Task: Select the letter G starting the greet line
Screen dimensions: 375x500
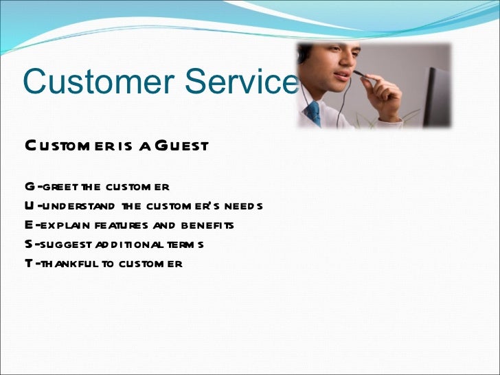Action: click(29, 187)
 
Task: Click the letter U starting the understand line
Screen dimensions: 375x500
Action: click(29, 206)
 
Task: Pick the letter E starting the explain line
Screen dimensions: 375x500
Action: click(28, 225)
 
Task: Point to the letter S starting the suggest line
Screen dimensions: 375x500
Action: click(28, 245)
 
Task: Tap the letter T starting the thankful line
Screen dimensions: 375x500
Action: click(28, 264)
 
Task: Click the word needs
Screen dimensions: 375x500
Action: click(246, 206)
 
